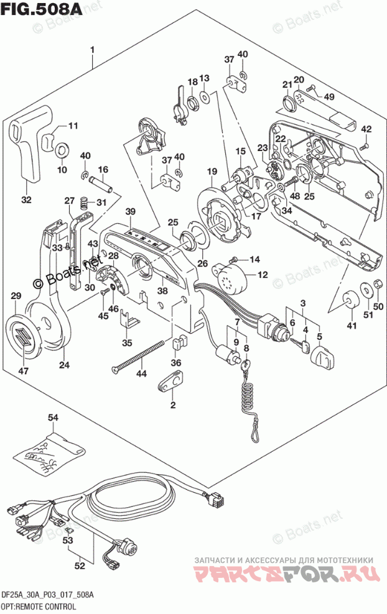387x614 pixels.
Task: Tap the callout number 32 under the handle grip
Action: pos(26,199)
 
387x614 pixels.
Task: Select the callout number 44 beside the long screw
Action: pos(142,374)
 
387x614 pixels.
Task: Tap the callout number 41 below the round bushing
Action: pos(352,326)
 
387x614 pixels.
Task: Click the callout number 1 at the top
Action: pos(92,49)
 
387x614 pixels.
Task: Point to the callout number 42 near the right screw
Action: pos(366,129)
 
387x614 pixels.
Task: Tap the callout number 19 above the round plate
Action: pos(212,172)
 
